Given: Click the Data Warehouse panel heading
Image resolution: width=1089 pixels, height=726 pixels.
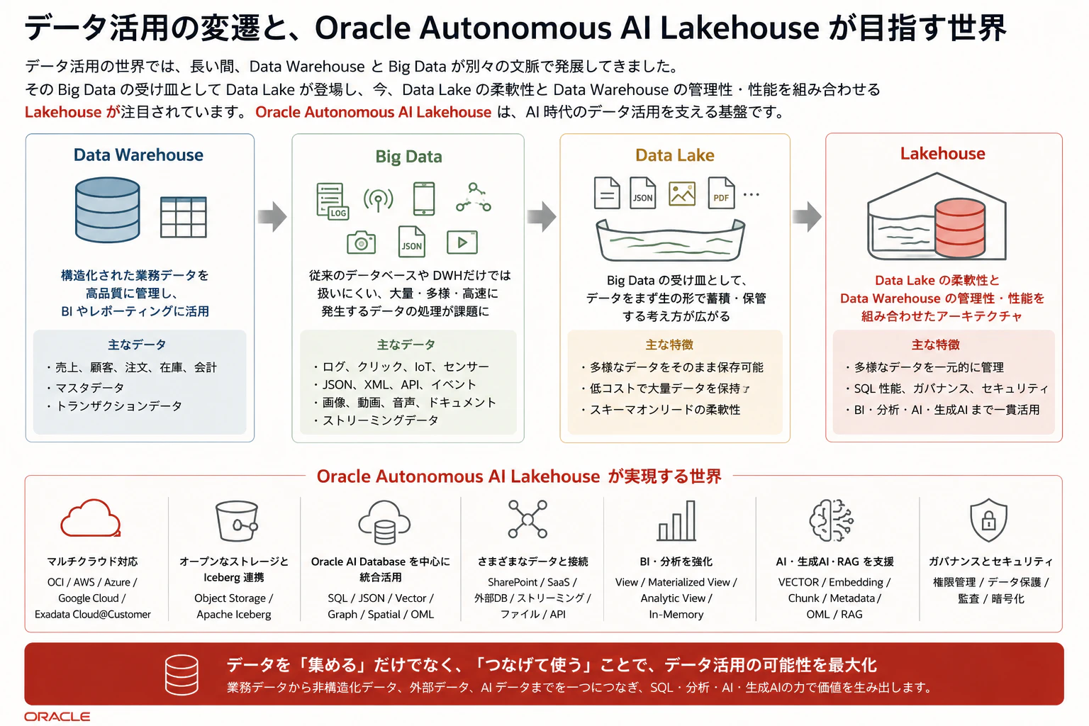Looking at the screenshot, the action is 138,155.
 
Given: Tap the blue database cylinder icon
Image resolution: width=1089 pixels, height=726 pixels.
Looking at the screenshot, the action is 108,210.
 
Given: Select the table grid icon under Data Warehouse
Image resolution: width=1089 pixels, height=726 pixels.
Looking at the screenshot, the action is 184,217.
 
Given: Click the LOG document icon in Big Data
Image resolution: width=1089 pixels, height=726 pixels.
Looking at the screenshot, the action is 333,201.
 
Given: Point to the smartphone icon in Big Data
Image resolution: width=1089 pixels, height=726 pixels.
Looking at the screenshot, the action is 424,199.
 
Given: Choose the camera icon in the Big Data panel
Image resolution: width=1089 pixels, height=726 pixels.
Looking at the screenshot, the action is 361,242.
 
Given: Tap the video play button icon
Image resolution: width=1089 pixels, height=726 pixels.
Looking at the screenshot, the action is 462,242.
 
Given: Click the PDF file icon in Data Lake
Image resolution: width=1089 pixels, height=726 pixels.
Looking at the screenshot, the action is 721,193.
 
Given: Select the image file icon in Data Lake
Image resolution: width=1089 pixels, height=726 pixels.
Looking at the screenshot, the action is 681,194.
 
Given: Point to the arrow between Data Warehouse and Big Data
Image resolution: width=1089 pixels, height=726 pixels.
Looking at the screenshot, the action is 272,216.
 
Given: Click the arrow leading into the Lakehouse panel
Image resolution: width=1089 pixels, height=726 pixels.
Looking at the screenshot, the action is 807,216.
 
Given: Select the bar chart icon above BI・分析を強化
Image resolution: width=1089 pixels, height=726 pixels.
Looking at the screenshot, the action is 676,521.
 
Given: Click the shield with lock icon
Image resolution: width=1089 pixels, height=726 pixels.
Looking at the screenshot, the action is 988,520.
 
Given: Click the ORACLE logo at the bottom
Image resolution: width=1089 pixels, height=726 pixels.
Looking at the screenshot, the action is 57,717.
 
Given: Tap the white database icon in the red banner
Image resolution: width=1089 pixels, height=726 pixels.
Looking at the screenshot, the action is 181,674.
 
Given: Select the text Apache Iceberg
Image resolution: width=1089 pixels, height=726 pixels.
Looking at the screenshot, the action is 234,614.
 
